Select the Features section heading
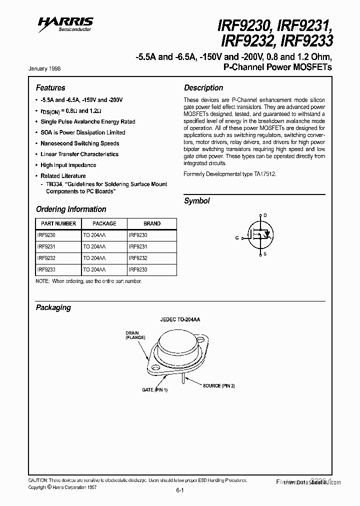point(50,87)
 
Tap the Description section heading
point(203,87)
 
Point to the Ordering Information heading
point(71,209)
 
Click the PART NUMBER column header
point(58,223)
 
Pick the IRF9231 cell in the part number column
point(45,246)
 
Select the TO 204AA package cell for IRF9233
point(94,269)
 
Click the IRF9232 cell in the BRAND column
point(138,258)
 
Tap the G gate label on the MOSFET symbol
point(237,238)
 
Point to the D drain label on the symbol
point(265,215)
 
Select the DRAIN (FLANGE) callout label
point(135,335)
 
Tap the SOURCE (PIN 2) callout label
point(218,385)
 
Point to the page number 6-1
point(180,490)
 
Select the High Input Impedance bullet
point(68,165)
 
